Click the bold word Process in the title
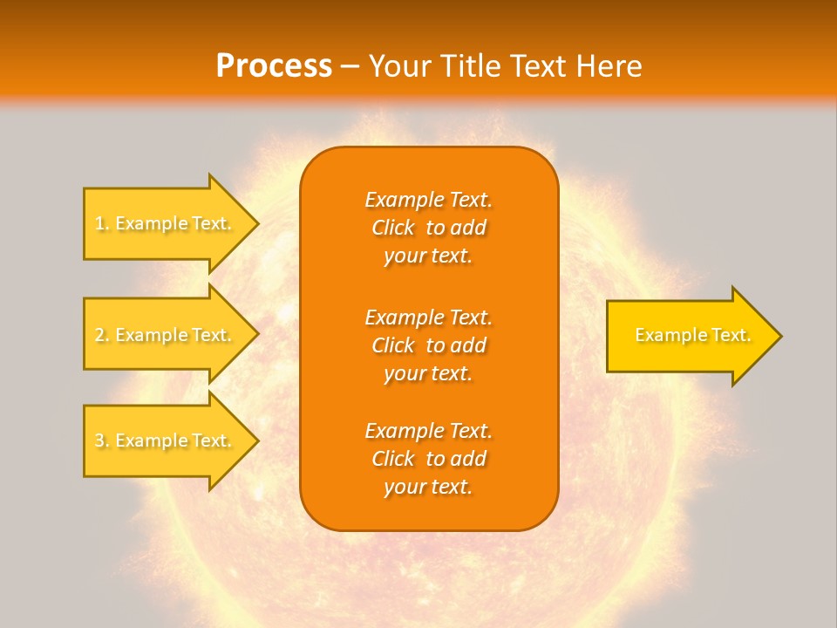point(274,66)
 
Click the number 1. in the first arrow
point(102,223)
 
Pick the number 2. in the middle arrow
point(102,335)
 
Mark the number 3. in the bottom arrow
point(102,440)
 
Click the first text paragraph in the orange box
point(428,228)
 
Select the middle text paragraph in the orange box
point(428,345)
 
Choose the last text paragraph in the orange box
point(428,459)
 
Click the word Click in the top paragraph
point(393,229)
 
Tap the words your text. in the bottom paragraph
point(428,488)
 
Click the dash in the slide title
point(350,66)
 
